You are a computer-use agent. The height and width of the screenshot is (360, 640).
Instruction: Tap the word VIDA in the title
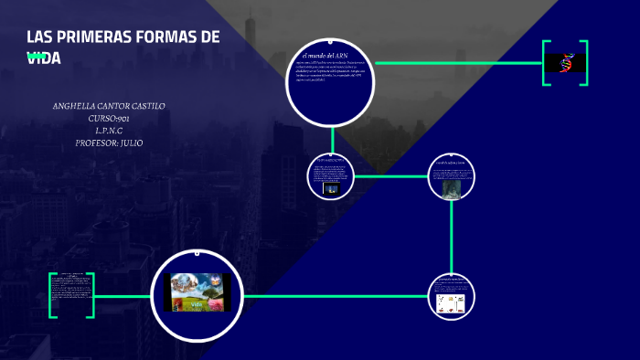tap(44, 58)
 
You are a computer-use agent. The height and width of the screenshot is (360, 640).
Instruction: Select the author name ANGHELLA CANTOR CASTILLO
tap(109, 106)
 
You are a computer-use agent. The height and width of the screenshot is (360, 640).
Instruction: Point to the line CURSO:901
tap(109, 119)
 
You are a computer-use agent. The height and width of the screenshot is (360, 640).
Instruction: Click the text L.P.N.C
tap(109, 131)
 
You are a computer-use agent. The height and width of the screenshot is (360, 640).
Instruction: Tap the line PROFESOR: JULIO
tap(109, 143)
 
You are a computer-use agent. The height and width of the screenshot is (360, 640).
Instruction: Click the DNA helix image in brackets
tap(565, 63)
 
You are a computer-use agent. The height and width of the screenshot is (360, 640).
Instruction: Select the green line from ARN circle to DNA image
tap(457, 63)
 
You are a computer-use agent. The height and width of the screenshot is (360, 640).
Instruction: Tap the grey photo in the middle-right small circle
tap(452, 188)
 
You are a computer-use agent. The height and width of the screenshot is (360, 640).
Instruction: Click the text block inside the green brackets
tap(71, 294)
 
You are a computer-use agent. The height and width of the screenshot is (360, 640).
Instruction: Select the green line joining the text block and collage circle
tap(123, 296)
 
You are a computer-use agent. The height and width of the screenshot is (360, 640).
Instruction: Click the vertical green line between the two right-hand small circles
tap(452, 238)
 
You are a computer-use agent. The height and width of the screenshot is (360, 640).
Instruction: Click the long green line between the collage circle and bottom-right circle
tap(338, 296)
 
